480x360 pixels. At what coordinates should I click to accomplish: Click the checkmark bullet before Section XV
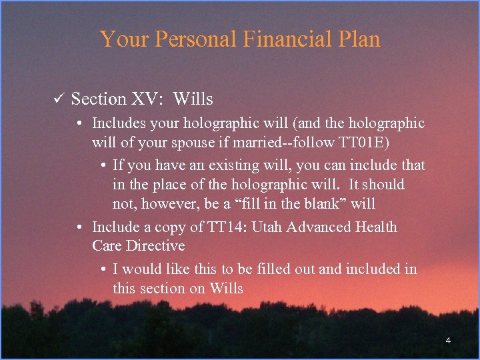click(x=57, y=99)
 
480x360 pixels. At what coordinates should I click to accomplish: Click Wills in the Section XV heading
click(x=193, y=99)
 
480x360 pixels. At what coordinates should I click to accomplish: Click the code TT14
click(x=227, y=227)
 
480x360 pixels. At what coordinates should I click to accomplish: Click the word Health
click(x=376, y=227)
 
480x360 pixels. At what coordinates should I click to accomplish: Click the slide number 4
click(x=448, y=341)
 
